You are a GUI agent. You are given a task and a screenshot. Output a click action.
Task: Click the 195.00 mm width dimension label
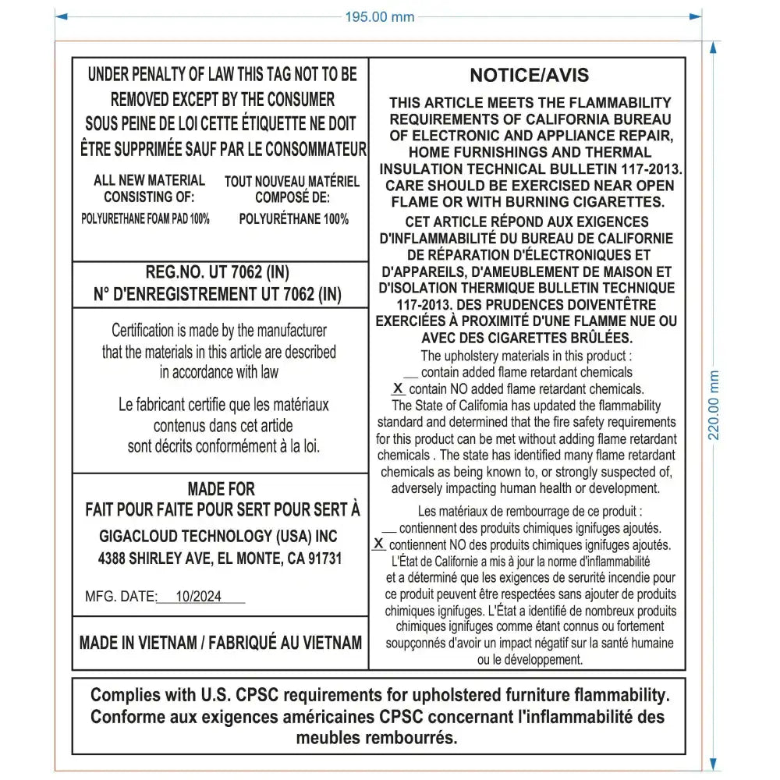380,17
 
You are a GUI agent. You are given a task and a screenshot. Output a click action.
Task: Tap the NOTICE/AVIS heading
529,76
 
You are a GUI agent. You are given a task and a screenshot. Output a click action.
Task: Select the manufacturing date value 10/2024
198,597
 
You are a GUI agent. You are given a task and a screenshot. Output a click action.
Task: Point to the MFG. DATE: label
121,597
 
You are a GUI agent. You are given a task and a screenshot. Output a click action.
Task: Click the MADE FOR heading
221,489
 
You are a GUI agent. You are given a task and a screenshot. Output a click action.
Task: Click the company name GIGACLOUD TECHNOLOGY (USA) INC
218,537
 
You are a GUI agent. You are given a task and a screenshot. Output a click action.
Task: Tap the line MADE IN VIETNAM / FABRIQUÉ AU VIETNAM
221,643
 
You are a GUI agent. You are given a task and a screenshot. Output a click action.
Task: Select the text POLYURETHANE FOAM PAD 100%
145,219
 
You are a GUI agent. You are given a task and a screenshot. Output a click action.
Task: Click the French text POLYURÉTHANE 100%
293,219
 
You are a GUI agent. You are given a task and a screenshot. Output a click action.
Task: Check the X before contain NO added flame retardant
398,388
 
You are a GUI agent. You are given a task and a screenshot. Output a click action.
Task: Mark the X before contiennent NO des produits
380,544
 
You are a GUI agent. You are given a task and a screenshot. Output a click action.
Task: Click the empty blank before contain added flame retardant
410,374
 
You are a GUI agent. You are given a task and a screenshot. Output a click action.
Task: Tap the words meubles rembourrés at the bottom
377,737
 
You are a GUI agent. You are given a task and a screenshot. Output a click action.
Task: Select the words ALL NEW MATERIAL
150,180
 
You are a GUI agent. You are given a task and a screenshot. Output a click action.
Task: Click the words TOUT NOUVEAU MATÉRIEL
292,182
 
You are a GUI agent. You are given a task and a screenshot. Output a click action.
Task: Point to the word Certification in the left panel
144,331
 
